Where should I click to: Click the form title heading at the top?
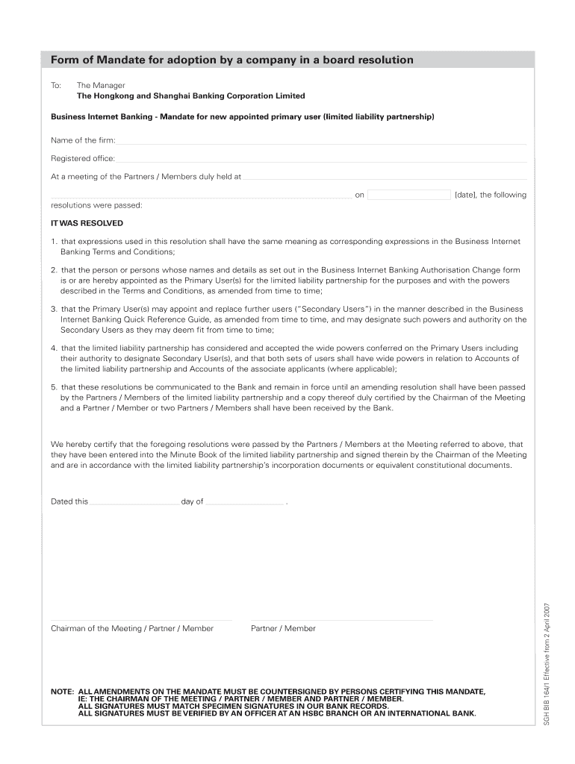(x=231, y=60)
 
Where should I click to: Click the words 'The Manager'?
(x=101, y=85)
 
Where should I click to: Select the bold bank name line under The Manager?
(x=190, y=96)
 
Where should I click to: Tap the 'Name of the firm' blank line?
(x=321, y=142)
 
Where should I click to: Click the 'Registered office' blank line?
(x=321, y=160)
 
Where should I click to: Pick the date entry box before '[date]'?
(x=409, y=195)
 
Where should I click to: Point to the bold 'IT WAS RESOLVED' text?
(x=87, y=223)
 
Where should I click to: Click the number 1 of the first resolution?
(x=54, y=242)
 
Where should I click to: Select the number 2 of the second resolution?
(x=54, y=270)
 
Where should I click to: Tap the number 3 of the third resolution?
(x=54, y=309)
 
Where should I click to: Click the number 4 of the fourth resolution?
(x=54, y=348)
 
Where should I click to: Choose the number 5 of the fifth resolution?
(x=54, y=387)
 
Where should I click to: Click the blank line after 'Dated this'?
(x=134, y=503)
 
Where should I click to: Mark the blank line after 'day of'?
(x=245, y=503)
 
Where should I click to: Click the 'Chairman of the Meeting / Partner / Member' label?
(x=132, y=628)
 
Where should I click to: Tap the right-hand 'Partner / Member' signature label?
(x=283, y=628)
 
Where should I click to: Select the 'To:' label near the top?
(x=56, y=85)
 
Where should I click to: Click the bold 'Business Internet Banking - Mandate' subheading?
(x=242, y=117)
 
